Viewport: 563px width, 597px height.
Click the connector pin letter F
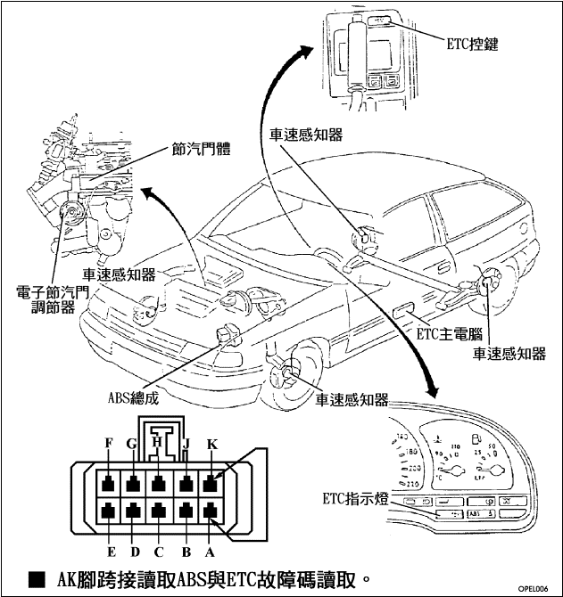click(x=109, y=442)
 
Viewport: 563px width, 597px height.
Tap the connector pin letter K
click(x=211, y=442)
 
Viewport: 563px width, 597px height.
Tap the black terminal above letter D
click(x=134, y=512)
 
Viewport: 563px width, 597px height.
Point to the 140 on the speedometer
click(x=403, y=437)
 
